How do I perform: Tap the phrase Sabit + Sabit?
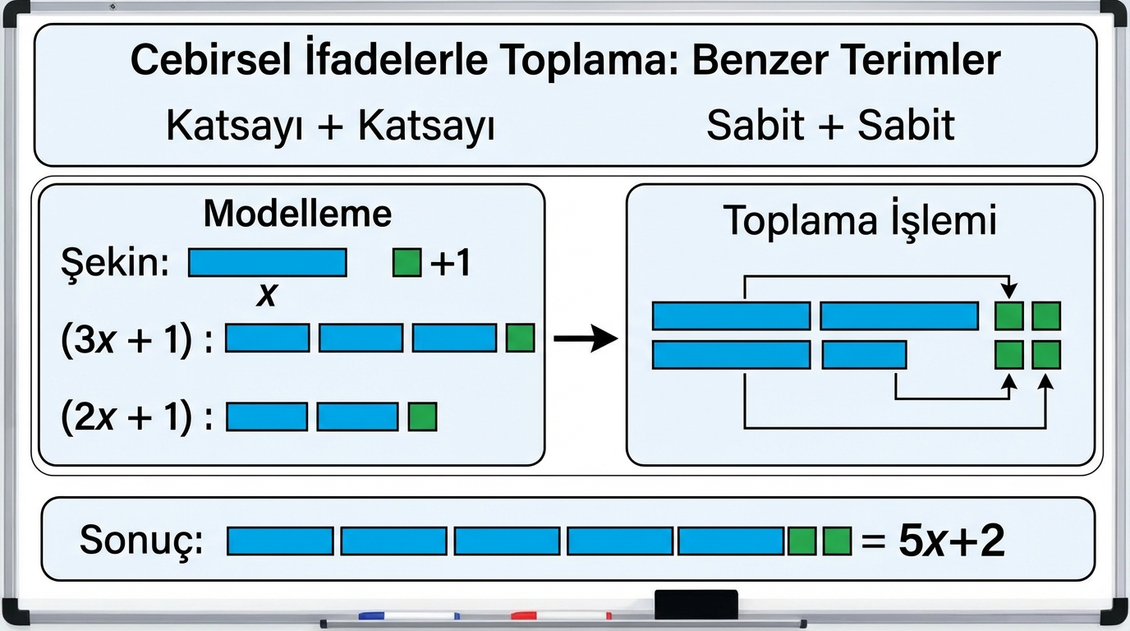pyautogui.click(x=830, y=126)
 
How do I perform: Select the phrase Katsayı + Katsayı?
pyautogui.click(x=330, y=127)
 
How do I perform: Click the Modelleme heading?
pyautogui.click(x=297, y=214)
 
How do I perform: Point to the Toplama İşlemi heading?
pyautogui.click(x=859, y=220)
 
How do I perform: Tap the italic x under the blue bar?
pyautogui.click(x=265, y=296)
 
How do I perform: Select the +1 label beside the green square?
pyautogui.click(x=450, y=264)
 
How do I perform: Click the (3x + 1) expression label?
pyautogui.click(x=136, y=339)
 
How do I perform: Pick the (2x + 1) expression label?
pyautogui.click(x=136, y=417)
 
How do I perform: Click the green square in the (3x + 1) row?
pyautogui.click(x=521, y=339)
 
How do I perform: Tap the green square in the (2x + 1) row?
pyautogui.click(x=423, y=417)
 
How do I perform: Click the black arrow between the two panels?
pyautogui.click(x=586, y=339)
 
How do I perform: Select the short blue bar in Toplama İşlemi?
pyautogui.click(x=863, y=355)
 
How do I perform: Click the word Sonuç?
pyautogui.click(x=141, y=541)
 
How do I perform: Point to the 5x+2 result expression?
pyautogui.click(x=951, y=541)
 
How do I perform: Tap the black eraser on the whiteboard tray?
pyautogui.click(x=696, y=605)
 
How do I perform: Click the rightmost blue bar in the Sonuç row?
pyautogui.click(x=731, y=541)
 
